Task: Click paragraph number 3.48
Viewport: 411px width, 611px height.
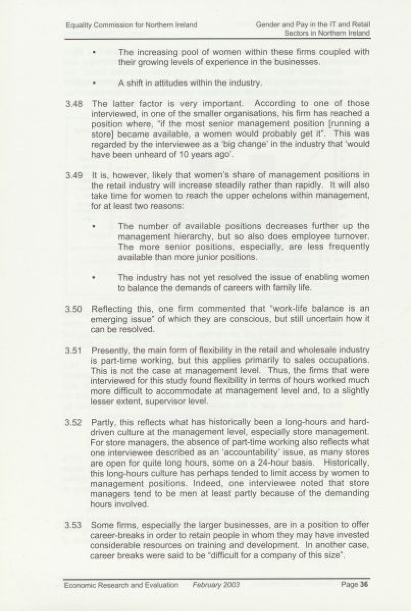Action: point(74,104)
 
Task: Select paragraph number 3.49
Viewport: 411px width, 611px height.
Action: point(74,175)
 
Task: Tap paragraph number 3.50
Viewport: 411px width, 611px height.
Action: point(74,309)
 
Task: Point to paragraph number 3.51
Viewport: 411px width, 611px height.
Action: point(74,350)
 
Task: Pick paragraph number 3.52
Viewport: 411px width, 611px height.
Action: point(74,422)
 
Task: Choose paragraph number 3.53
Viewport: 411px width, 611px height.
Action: point(74,525)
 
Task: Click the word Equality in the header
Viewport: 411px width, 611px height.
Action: point(76,25)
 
